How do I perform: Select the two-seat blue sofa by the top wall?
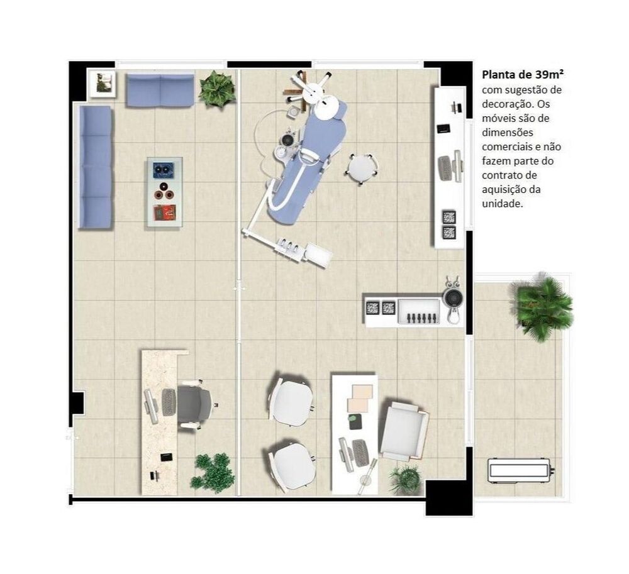[160, 91]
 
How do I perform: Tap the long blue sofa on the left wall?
[95, 167]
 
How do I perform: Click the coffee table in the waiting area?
[165, 191]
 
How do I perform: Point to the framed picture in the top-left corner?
[103, 83]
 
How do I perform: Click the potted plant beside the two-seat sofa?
[217, 89]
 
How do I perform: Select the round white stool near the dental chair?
[362, 168]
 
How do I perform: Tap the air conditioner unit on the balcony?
[520, 469]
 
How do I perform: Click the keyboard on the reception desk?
[169, 402]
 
